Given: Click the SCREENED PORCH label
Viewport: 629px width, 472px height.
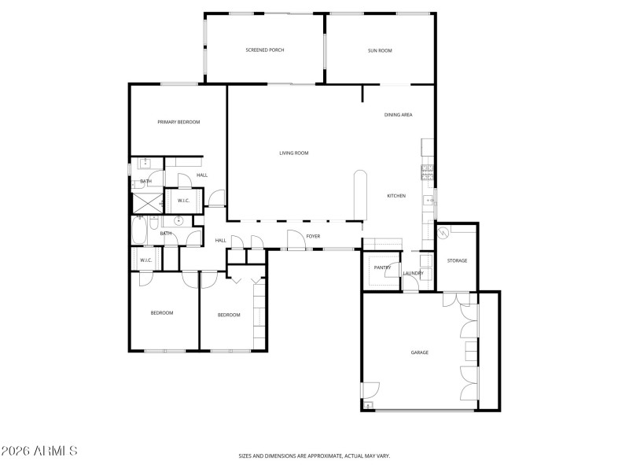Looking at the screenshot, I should click(x=264, y=50).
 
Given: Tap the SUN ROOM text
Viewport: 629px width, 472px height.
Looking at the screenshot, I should click(x=380, y=50).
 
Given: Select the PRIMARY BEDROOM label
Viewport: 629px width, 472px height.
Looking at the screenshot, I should click(x=178, y=122).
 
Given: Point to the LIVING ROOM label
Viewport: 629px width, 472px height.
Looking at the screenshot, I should click(x=293, y=153).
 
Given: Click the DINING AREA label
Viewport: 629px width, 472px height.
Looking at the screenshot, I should click(x=398, y=115).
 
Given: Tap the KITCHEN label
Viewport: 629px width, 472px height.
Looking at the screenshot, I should click(x=396, y=196).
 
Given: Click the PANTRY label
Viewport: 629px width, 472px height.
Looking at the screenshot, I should click(x=382, y=267).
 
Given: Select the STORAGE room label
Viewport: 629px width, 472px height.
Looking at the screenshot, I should click(x=457, y=260).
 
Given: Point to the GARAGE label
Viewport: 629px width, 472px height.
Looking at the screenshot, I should click(x=420, y=352).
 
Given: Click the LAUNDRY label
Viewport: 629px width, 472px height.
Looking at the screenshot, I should click(x=413, y=274).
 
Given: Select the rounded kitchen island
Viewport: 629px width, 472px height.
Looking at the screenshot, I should click(x=360, y=194).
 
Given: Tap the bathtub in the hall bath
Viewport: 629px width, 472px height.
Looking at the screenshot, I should click(x=139, y=233).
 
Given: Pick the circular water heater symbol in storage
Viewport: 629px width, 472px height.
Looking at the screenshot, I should click(x=443, y=233).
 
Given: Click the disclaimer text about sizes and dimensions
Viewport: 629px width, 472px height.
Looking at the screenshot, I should click(x=314, y=455).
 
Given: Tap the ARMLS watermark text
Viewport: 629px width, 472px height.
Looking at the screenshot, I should click(x=39, y=452).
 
